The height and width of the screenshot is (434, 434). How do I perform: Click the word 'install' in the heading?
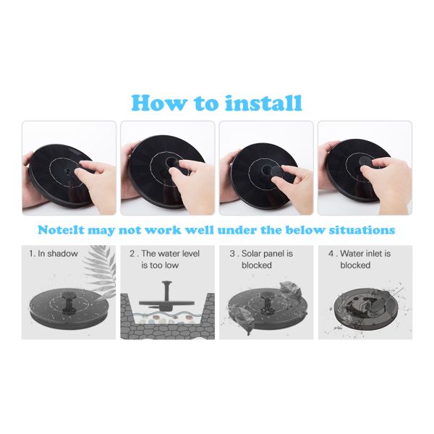click(x=263, y=103)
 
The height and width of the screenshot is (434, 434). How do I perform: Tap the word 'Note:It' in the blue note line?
click(x=61, y=230)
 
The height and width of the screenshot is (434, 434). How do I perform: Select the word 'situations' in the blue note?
click(x=362, y=230)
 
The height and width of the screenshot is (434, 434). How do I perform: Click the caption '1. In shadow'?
click(x=54, y=254)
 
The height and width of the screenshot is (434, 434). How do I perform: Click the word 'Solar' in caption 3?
click(x=251, y=254)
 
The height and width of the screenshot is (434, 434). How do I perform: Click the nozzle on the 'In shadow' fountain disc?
click(x=69, y=302)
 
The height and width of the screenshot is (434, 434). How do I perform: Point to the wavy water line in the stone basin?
click(x=168, y=315)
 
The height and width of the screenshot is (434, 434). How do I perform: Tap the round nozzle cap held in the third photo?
click(x=278, y=174)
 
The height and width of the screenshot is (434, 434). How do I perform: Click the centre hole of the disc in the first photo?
click(x=67, y=171)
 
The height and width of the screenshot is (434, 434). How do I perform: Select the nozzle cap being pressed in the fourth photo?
click(x=365, y=161)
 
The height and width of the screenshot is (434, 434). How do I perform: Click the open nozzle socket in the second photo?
click(x=172, y=161)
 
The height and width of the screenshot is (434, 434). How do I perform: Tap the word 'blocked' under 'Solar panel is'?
click(x=257, y=265)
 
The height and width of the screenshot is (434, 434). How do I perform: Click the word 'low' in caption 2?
click(x=171, y=265)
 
